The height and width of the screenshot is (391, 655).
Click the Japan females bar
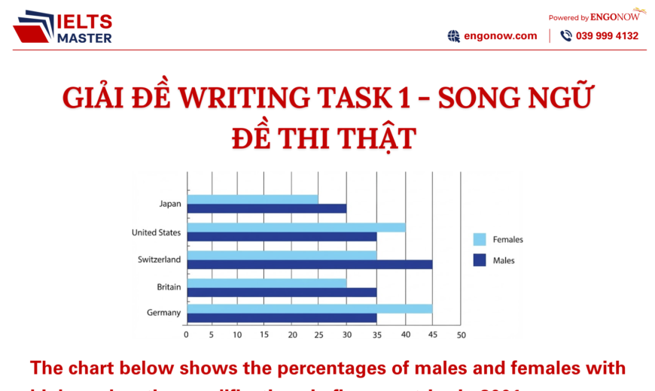pyautogui.click(x=252, y=199)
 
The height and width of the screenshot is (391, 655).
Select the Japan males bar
pyautogui.click(x=267, y=208)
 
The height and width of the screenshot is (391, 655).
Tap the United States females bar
pyautogui.click(x=296, y=227)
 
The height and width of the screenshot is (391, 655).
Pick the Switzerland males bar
pyautogui.click(x=309, y=264)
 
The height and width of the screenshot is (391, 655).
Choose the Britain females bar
pyautogui.click(x=267, y=283)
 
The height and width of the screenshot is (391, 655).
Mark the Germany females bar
pyautogui.click(x=309, y=308)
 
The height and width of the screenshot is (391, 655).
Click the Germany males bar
pyautogui.click(x=282, y=317)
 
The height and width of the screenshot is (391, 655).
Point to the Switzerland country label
pyautogui.click(x=159, y=259)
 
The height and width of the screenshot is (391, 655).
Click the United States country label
pyautogui.click(x=156, y=232)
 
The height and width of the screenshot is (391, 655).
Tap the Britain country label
pyautogui.click(x=169, y=286)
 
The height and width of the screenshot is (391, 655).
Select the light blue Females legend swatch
pyautogui.click(x=479, y=240)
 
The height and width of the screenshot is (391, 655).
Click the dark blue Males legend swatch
pyautogui.click(x=479, y=260)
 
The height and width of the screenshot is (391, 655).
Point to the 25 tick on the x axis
pyautogui.click(x=320, y=335)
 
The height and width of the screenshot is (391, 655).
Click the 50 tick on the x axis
pyautogui.click(x=461, y=335)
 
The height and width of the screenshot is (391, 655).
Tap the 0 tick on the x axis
pyautogui.click(x=186, y=335)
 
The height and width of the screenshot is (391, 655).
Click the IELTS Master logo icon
pyautogui.click(x=33, y=27)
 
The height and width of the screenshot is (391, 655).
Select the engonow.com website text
pyautogui.click(x=501, y=35)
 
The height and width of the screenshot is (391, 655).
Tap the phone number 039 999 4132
pyautogui.click(x=607, y=36)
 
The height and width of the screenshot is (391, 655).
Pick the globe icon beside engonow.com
pyautogui.click(x=453, y=36)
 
